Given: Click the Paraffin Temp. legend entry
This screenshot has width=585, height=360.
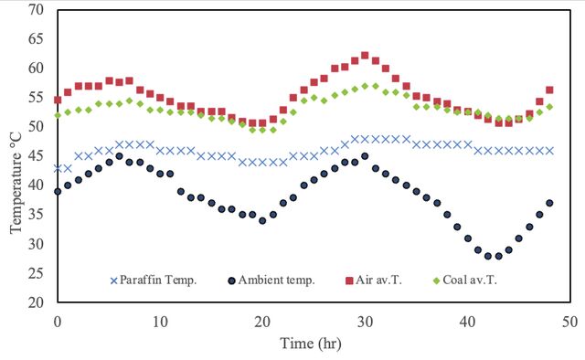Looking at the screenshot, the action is pos(154,281).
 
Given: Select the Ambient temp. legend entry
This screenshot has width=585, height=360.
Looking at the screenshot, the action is pos(271,281).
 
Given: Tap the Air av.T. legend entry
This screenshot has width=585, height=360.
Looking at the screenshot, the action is pos(374,281).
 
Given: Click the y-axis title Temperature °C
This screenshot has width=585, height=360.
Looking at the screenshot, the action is pos(16,183).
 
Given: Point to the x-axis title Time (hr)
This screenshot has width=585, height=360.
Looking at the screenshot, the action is pos(311,344).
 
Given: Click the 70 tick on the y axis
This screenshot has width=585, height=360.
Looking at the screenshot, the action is pos(36,10).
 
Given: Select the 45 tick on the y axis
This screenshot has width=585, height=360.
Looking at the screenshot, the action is pos(36,156).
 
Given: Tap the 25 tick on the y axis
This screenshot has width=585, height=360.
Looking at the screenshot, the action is pos(36,273).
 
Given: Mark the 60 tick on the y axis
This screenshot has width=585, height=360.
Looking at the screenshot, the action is pos(36,69).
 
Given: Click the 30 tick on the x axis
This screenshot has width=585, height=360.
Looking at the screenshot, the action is pos(365,322).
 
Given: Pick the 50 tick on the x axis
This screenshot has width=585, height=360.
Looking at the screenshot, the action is pos(570,322).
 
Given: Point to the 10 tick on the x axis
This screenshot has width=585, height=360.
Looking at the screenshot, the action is pos(160,322).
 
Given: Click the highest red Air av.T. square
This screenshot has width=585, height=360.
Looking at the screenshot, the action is pos(365,56).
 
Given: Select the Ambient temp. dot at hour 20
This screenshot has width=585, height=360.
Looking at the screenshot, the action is pos(262,220).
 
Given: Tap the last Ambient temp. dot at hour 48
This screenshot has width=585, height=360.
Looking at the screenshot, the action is pos(549,203).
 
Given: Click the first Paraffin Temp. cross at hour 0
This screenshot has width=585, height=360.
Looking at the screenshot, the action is pos(58,168).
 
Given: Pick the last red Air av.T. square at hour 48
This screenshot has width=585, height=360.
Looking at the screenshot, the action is pos(549,90).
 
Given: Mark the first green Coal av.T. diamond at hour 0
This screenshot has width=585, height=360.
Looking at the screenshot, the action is pos(58,115).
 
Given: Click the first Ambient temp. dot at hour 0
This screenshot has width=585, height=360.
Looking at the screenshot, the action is pos(58,191).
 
